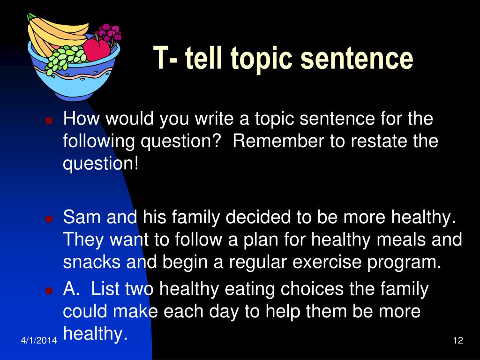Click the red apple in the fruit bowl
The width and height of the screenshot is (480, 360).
[97, 49]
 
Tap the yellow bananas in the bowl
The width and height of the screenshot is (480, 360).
[55, 34]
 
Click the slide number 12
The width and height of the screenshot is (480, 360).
[458, 340]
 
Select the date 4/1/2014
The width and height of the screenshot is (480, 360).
[39, 340]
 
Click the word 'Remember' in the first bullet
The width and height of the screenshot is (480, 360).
[278, 141]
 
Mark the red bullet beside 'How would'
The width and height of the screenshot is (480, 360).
[49, 120]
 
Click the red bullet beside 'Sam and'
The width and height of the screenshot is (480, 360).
[49, 218]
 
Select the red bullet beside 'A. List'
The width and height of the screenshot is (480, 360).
[49, 290]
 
